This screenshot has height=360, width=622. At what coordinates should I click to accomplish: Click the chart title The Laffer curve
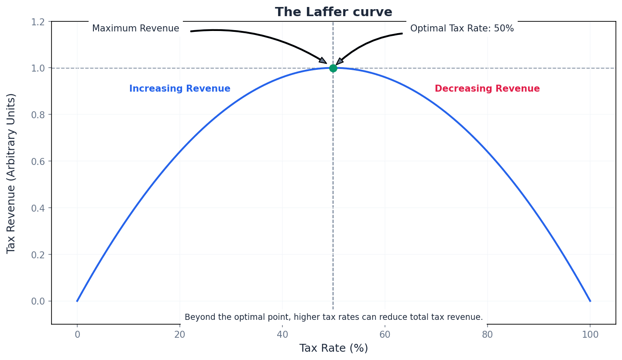click(x=333, y=12)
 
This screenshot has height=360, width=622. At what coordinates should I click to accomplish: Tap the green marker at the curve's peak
click(x=333, y=68)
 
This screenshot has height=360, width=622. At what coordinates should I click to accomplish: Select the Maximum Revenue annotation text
click(x=135, y=28)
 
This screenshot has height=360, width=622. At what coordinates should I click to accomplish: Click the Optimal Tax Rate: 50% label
click(x=462, y=28)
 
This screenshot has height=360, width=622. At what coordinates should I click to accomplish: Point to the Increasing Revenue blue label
click(x=179, y=89)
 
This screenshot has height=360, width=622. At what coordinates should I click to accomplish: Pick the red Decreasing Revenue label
click(x=487, y=89)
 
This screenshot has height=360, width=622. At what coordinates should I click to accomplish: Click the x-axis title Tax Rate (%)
click(x=333, y=348)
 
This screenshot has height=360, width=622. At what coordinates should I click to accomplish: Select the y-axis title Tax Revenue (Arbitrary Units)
click(x=11, y=173)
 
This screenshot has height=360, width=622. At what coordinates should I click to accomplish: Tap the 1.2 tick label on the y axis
click(x=38, y=21)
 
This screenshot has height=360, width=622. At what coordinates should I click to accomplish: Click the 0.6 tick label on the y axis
click(x=38, y=161)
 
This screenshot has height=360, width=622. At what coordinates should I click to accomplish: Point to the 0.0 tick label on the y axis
click(x=38, y=301)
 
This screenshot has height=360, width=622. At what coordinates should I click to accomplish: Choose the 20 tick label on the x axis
click(x=180, y=335)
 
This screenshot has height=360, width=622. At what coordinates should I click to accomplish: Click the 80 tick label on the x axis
click(x=488, y=335)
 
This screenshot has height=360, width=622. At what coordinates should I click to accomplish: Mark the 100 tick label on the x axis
click(x=590, y=335)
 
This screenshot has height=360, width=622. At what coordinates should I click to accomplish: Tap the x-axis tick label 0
click(x=77, y=335)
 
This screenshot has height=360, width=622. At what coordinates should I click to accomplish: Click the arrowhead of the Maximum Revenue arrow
click(x=323, y=61)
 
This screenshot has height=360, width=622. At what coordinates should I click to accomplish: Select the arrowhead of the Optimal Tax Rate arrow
click(x=339, y=62)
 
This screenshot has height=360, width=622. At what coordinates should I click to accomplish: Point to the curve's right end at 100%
click(x=590, y=301)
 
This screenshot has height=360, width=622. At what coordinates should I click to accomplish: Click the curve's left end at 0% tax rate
click(x=77, y=301)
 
